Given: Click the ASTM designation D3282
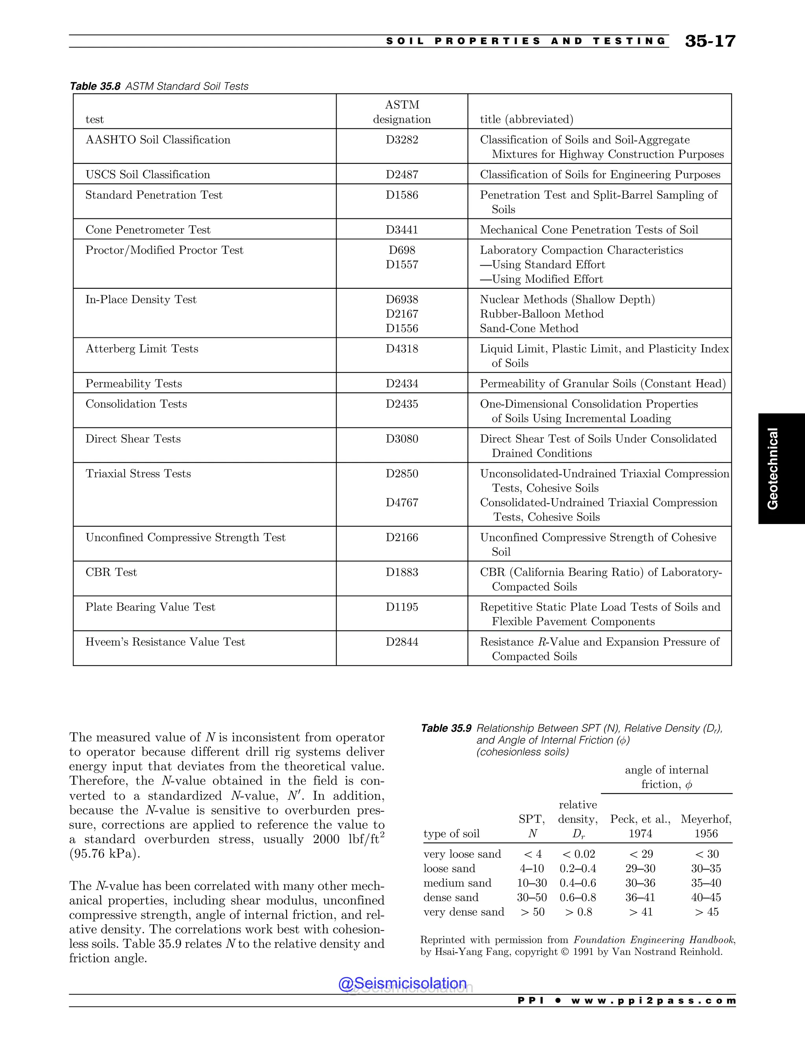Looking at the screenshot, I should pyautogui.click(x=402, y=140).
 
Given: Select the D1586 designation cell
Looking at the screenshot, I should pyautogui.click(x=402, y=195).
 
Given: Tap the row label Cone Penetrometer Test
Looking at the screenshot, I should pyautogui.click(x=148, y=230).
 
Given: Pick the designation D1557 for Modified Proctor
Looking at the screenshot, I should pyautogui.click(x=402, y=264).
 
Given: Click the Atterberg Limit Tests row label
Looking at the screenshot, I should pyautogui.click(x=142, y=349).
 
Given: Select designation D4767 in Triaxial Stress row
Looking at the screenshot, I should pyautogui.click(x=402, y=503).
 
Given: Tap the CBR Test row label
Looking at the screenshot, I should pyautogui.click(x=111, y=572).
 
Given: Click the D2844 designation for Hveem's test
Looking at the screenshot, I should pyautogui.click(x=402, y=642).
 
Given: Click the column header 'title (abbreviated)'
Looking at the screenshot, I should pyautogui.click(x=526, y=120).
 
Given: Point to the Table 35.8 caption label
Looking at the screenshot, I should pyautogui.click(x=95, y=86).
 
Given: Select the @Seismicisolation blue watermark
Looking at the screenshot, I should pyautogui.click(x=402, y=983).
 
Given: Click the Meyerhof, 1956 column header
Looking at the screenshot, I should pyautogui.click(x=706, y=826).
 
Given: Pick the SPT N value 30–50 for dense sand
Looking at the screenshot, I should pyautogui.click(x=532, y=898).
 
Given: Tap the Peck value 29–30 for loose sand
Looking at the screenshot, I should pyautogui.click(x=640, y=869).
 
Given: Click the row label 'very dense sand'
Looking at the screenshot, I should pyautogui.click(x=463, y=912).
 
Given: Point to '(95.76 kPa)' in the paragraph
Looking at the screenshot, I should pyautogui.click(x=105, y=854).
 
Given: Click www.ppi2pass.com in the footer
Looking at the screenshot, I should pyautogui.click(x=653, y=1001).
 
